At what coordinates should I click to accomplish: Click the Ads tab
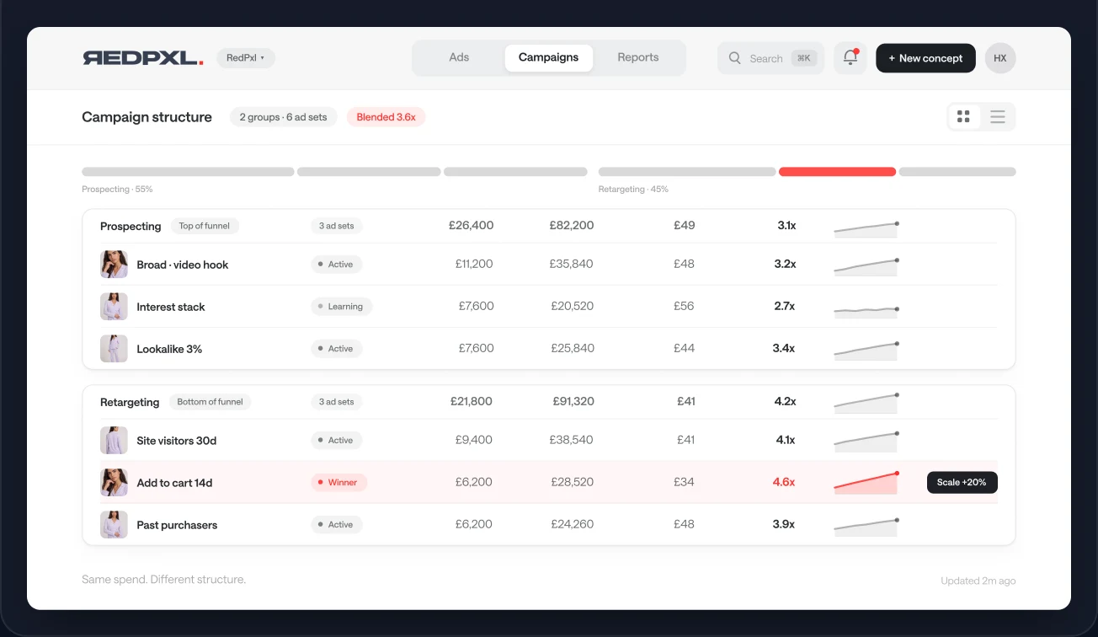tap(459, 57)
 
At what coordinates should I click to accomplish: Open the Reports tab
tap(637, 57)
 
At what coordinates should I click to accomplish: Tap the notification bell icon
tap(850, 57)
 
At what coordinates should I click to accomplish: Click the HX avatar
tap(1000, 58)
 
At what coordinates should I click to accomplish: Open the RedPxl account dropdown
tap(246, 58)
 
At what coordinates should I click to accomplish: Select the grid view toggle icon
tap(963, 117)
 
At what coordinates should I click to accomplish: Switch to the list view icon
tap(998, 117)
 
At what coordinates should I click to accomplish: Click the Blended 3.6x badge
tap(386, 117)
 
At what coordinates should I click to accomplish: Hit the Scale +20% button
tap(962, 482)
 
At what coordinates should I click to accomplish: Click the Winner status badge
tap(338, 482)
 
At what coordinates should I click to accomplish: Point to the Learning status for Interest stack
tap(341, 307)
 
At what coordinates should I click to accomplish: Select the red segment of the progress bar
tap(837, 172)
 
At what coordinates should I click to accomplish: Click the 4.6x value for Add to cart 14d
tap(784, 482)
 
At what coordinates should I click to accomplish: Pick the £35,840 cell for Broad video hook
tap(571, 264)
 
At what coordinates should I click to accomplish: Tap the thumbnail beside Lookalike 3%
tap(114, 349)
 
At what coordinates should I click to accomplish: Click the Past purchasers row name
tap(177, 525)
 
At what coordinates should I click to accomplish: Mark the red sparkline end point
tap(897, 474)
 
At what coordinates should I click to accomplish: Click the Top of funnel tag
tap(204, 226)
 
